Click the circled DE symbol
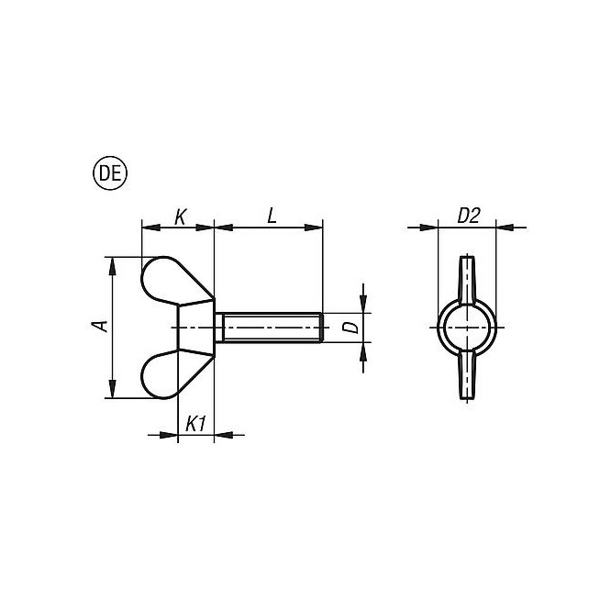coord(110,173)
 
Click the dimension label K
coord(180,217)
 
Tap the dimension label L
coord(272,216)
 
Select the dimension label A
coord(100,326)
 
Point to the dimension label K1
coord(196,425)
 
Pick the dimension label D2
coord(469,217)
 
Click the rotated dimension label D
coord(350,328)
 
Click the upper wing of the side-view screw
coord(174,281)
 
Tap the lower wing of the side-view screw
coord(174,374)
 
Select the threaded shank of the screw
coord(270,328)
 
